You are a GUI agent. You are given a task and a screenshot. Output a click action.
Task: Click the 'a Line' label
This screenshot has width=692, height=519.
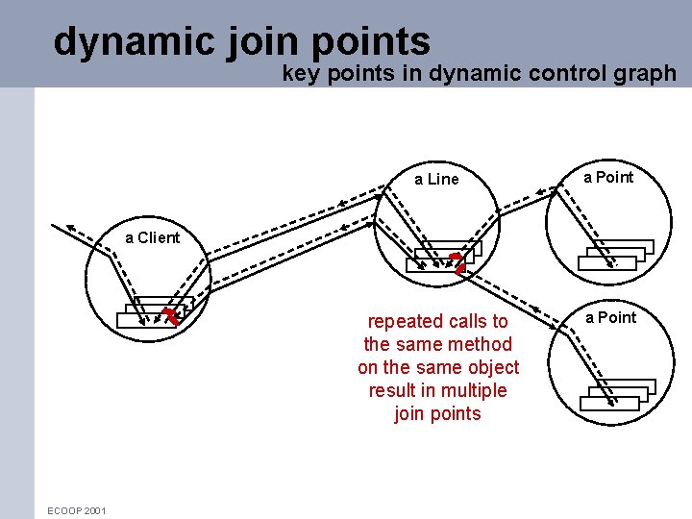[x=436, y=179]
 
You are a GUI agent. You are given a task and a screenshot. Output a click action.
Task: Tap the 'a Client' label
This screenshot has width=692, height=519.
[x=152, y=237]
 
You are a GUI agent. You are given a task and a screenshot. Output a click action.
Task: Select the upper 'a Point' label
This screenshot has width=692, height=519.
[x=609, y=177]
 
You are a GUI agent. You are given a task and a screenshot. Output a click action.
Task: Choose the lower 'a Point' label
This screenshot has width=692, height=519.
[x=611, y=317]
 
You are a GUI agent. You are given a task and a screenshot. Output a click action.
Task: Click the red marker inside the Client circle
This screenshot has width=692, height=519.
[x=172, y=315]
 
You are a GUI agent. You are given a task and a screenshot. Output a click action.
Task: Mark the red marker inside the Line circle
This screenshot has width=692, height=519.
[x=458, y=262]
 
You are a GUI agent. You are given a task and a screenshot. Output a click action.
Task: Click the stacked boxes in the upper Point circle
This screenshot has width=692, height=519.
[x=615, y=254]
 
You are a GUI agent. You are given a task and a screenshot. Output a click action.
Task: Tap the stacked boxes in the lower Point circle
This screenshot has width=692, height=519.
[x=617, y=394]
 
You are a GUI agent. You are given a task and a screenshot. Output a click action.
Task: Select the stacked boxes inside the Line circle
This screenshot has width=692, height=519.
[x=438, y=257]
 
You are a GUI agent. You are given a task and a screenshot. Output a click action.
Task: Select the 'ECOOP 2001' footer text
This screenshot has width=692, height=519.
[x=77, y=510]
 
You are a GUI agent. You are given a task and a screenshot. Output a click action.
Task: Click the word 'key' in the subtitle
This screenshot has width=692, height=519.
[x=298, y=73]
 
